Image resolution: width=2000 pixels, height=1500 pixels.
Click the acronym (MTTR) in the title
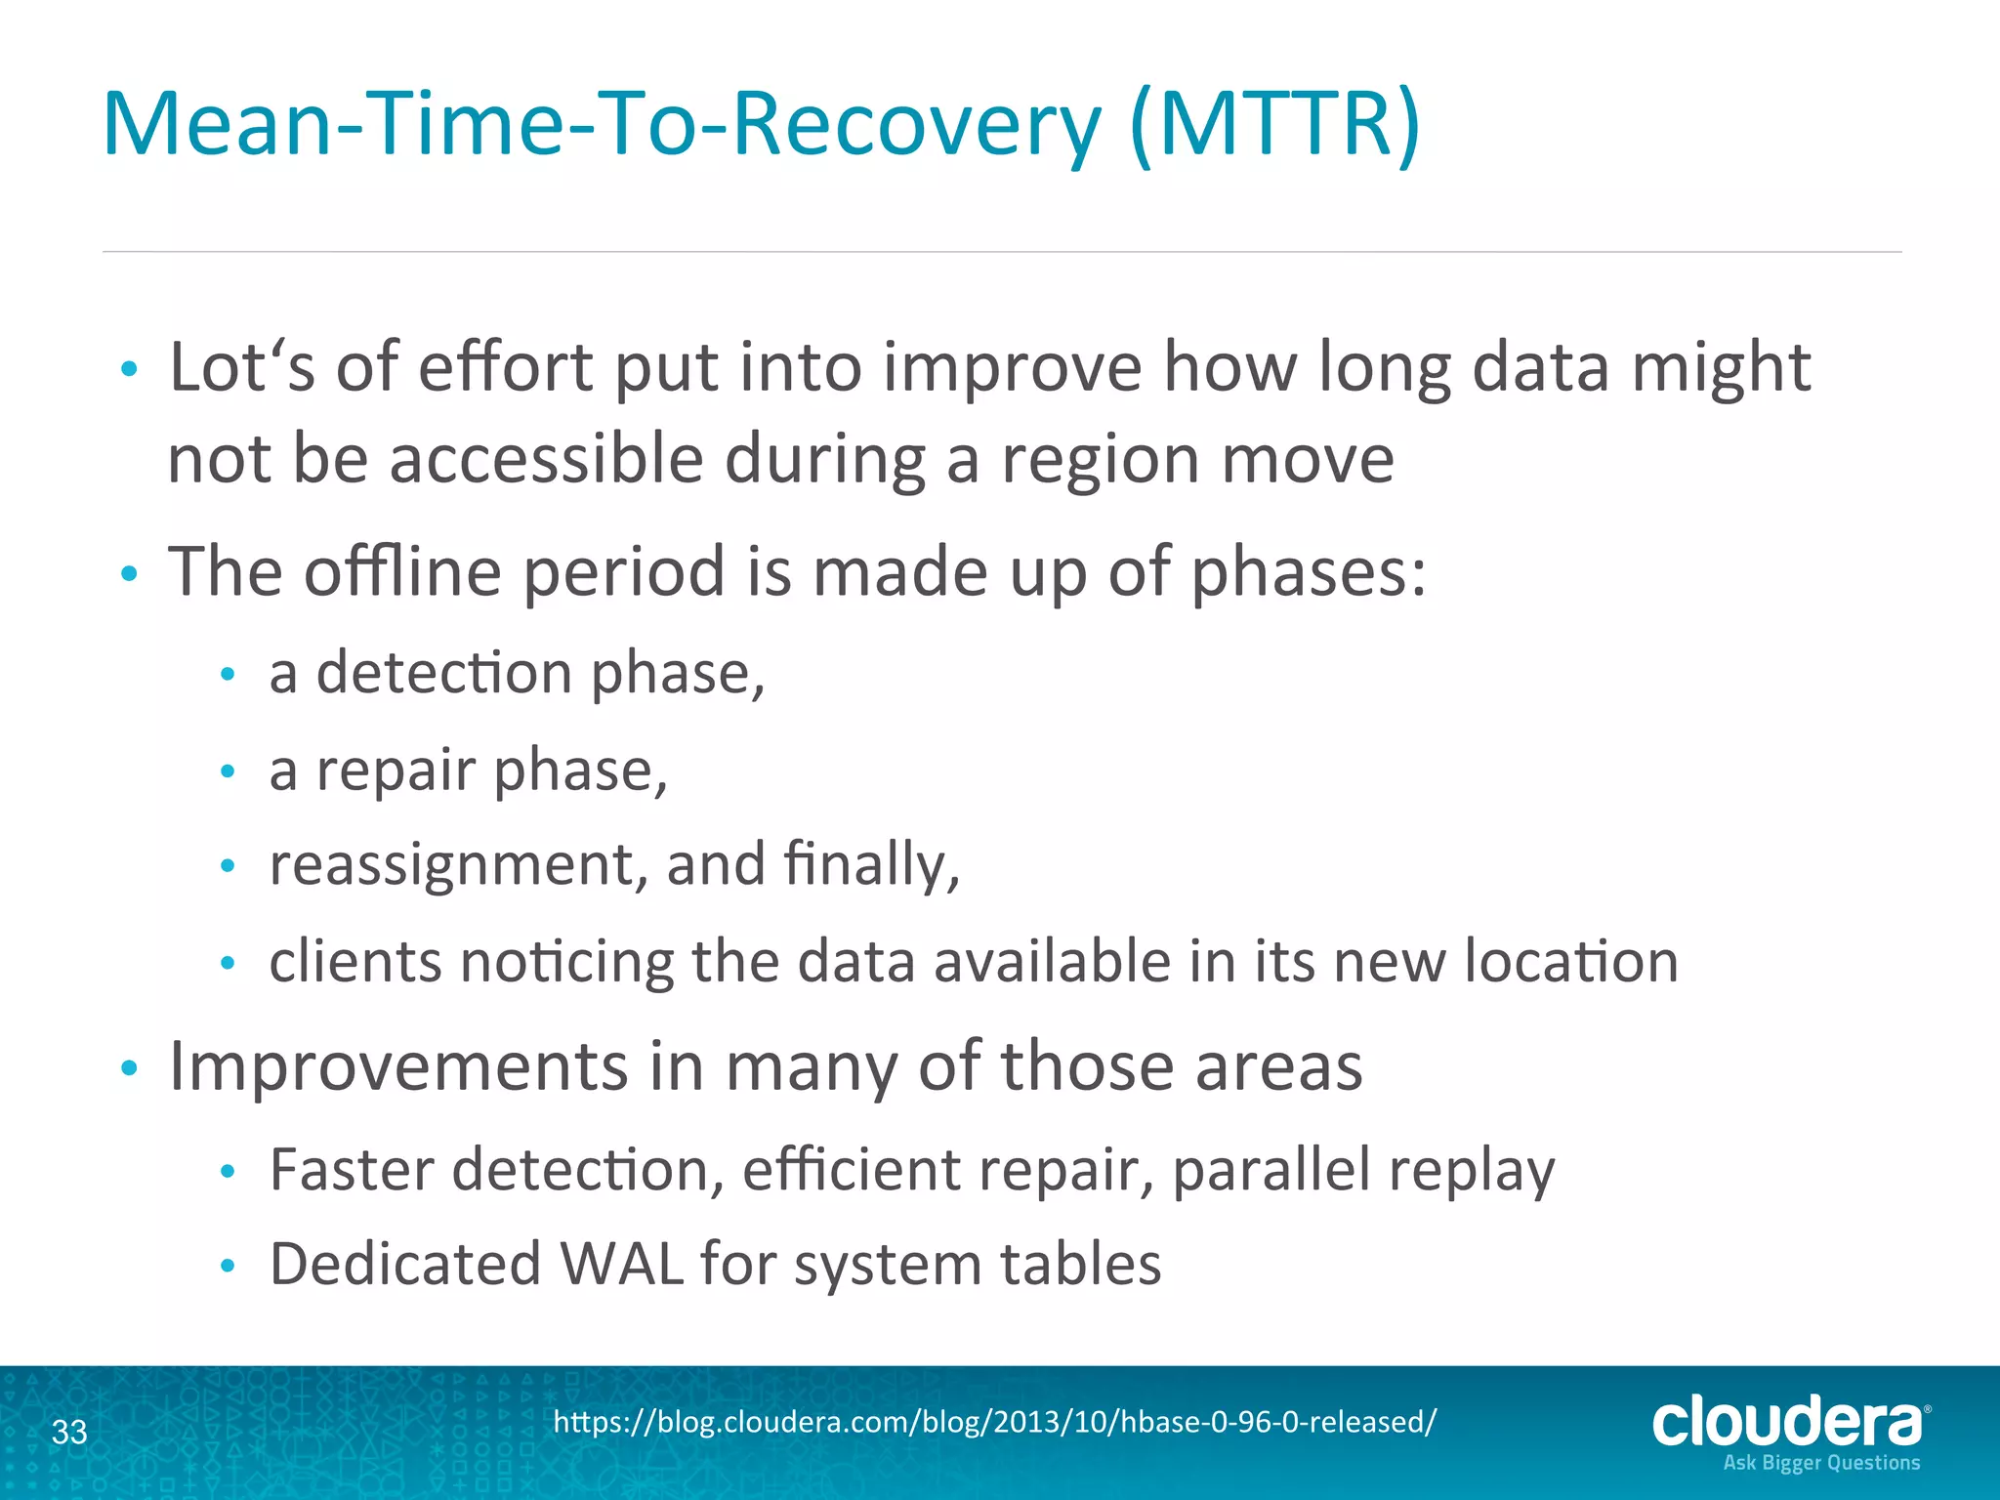(x=1274, y=124)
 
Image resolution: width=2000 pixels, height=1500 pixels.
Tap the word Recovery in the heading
(x=916, y=124)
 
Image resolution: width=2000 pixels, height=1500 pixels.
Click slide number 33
(x=69, y=1432)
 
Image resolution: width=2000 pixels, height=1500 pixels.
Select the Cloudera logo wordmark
(x=1786, y=1421)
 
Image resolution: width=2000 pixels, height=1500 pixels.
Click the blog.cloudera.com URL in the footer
(x=994, y=1422)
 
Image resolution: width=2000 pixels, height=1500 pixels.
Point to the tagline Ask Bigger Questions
(x=1821, y=1463)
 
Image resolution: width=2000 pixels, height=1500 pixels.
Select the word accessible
(x=546, y=459)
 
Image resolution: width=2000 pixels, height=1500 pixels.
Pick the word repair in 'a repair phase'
(x=396, y=771)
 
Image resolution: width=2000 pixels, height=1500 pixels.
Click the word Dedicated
(x=404, y=1264)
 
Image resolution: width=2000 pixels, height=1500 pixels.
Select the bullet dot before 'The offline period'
(x=129, y=574)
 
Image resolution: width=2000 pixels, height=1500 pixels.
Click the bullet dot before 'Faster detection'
(x=228, y=1172)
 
